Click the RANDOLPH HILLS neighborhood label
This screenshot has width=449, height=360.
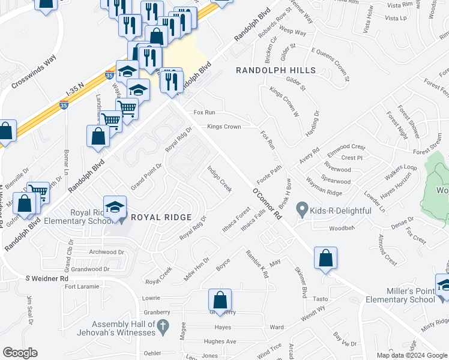(275, 71)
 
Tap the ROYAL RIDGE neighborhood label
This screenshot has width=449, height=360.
(161, 217)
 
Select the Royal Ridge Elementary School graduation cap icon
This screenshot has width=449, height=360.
(115, 208)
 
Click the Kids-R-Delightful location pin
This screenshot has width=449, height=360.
(302, 210)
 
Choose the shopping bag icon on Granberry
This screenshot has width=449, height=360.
(220, 301)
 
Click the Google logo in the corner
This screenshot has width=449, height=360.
(20, 353)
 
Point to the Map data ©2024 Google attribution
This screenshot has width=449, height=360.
(411, 355)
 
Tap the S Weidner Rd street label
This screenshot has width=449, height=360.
(47, 278)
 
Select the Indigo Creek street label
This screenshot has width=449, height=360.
(219, 178)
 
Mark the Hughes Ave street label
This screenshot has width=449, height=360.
(220, 341)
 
